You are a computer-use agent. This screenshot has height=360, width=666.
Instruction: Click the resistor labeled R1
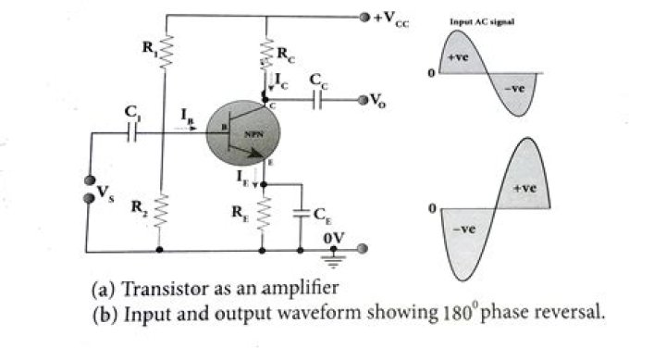pyautogui.click(x=163, y=54)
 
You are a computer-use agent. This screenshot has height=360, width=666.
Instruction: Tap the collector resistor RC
pyautogui.click(x=266, y=52)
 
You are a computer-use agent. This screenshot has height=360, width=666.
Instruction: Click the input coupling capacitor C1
pyautogui.click(x=133, y=132)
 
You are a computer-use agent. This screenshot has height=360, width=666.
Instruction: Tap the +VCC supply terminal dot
pyautogui.click(x=365, y=17)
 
